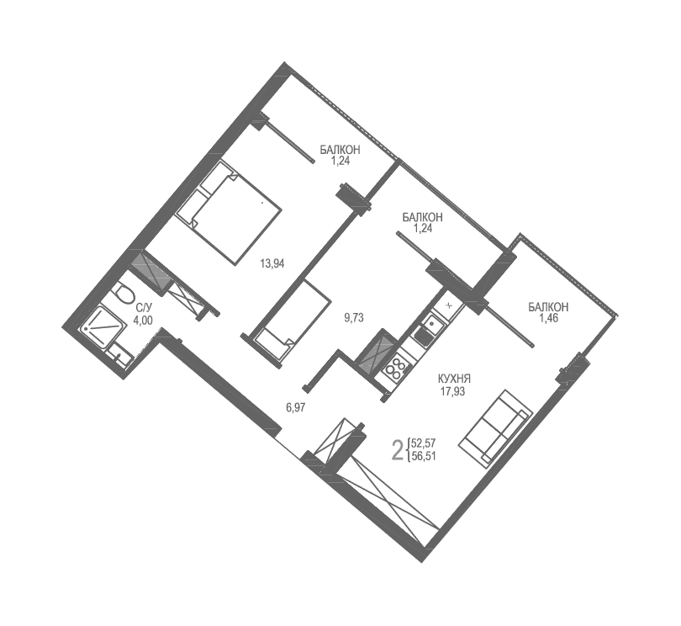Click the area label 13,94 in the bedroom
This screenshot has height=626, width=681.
(x=272, y=263)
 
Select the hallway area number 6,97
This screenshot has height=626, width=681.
(x=295, y=408)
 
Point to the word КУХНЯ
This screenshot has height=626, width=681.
(x=455, y=379)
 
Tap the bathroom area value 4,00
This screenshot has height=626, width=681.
(x=142, y=321)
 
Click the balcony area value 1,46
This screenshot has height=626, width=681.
(x=548, y=319)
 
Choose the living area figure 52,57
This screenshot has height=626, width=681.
(x=425, y=443)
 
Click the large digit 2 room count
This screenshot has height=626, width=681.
(x=398, y=450)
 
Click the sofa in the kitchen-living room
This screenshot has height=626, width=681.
(x=498, y=427)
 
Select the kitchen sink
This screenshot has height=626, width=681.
(x=426, y=325)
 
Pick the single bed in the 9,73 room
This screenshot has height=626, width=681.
(x=290, y=322)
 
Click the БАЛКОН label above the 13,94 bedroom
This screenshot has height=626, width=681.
(x=340, y=150)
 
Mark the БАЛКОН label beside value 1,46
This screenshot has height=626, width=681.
(x=548, y=308)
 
